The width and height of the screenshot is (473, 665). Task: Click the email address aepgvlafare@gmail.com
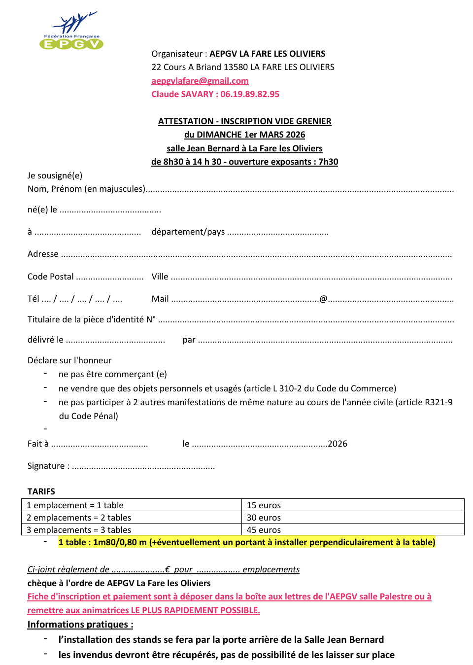[200, 81]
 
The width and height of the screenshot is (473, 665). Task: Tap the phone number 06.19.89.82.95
[250, 94]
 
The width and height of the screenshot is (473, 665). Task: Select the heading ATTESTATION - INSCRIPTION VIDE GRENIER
[244, 121]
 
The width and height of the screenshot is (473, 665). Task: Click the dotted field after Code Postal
[110, 278]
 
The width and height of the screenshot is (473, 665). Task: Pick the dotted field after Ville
[311, 278]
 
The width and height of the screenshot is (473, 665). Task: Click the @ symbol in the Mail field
[323, 299]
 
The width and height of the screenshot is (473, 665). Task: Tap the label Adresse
[43, 254]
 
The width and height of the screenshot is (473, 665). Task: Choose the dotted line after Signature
[143, 467]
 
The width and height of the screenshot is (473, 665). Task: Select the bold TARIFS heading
[41, 491]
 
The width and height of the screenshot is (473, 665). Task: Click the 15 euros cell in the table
[264, 505]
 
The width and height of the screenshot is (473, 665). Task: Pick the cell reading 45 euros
[264, 530]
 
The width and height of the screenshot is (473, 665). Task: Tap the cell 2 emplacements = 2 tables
[79, 518]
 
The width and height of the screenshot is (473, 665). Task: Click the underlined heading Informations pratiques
[80, 625]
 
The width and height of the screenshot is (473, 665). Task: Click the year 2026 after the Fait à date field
[338, 444]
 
